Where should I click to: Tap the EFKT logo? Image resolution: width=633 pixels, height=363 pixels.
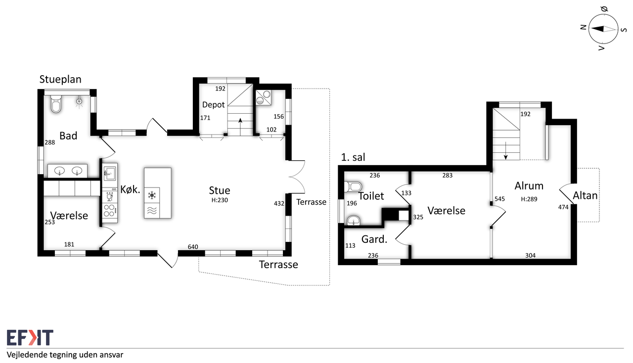(x=30, y=338)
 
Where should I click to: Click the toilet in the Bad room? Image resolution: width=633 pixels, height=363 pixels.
(x=56, y=104)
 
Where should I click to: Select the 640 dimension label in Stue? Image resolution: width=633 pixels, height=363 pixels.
(x=193, y=247)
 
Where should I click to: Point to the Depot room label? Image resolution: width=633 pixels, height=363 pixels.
(x=213, y=105)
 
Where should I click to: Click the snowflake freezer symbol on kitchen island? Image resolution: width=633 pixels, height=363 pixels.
(x=152, y=195)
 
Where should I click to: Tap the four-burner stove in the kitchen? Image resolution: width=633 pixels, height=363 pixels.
(x=110, y=211)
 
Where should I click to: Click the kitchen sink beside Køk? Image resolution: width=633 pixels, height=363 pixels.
(x=109, y=173)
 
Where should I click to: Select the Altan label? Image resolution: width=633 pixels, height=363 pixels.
(x=585, y=195)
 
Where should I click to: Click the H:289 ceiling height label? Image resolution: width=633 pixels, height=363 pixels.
(x=529, y=199)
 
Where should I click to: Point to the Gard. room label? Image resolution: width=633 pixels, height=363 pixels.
(x=374, y=239)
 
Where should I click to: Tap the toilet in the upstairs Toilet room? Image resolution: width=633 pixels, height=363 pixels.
(x=353, y=186)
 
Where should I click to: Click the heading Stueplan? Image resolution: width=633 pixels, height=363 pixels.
(x=60, y=80)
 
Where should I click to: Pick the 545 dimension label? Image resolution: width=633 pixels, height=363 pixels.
(x=499, y=199)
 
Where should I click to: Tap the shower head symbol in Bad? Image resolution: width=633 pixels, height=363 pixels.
(x=80, y=102)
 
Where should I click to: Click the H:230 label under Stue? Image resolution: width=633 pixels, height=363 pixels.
(x=220, y=200)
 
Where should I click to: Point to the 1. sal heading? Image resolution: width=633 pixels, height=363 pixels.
(x=353, y=157)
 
